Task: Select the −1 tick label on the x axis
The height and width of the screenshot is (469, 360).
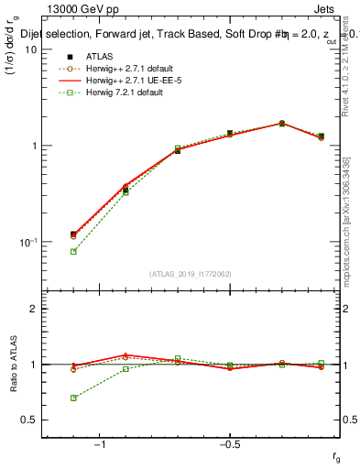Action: pos(100,444)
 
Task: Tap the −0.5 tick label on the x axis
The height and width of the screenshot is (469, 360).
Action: pos(229,444)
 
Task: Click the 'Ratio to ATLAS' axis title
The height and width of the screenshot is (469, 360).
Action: pos(13,364)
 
